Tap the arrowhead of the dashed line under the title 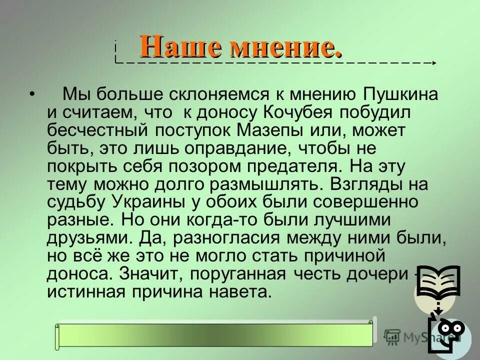coord(434,62)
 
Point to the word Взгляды coord(369,184)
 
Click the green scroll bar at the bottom coord(215,334)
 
